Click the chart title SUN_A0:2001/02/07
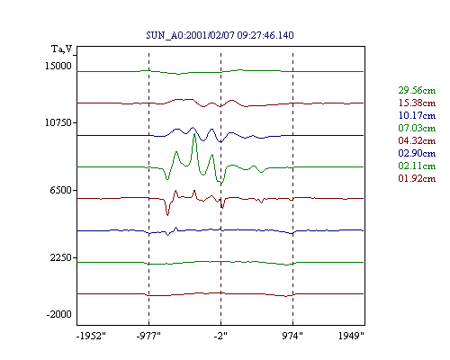(x=192, y=35)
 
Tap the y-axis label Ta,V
(x=62, y=49)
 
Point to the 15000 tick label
(x=58, y=66)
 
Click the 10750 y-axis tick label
(x=58, y=122)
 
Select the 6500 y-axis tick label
(x=61, y=190)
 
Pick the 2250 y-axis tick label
(x=61, y=257)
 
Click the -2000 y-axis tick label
(x=59, y=314)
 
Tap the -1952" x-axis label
(x=91, y=336)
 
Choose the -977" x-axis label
(x=148, y=336)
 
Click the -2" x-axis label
(x=220, y=336)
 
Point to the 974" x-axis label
(x=292, y=336)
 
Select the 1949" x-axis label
(x=351, y=336)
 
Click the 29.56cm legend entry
(x=417, y=90)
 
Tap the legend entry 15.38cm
(x=417, y=103)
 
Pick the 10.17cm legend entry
(x=417, y=115)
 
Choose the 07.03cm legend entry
(x=417, y=128)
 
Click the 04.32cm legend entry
(x=417, y=140)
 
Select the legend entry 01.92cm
(x=417, y=178)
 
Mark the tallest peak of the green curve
(x=194, y=134)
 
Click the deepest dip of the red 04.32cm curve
(x=167, y=215)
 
